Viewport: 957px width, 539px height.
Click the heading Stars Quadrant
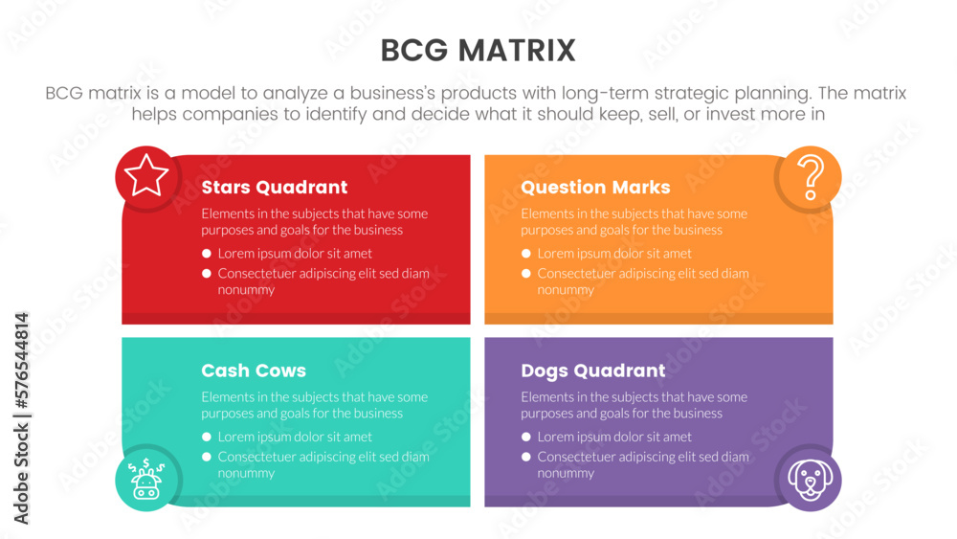[274, 188]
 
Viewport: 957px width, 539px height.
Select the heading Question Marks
[595, 188]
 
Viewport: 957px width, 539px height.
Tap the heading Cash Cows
[254, 371]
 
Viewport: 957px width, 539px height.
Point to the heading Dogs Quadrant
[592, 371]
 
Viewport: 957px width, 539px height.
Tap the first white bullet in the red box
[207, 254]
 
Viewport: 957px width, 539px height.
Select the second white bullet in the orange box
[526, 274]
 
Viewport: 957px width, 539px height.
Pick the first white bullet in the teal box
[207, 437]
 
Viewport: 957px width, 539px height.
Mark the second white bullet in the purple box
[526, 457]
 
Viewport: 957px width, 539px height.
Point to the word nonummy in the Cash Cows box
[246, 473]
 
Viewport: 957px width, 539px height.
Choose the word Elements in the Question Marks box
[546, 213]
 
